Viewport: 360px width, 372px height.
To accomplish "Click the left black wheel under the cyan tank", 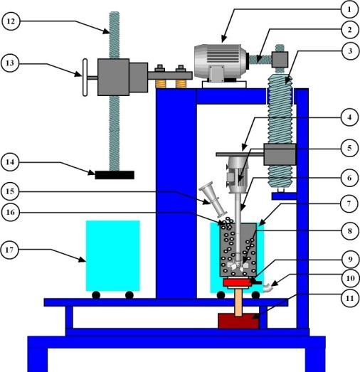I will [95, 294].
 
